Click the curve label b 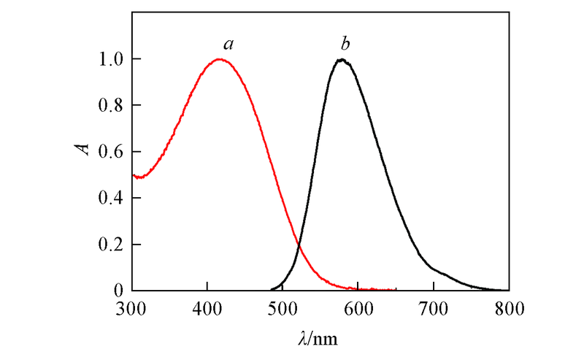click(345, 45)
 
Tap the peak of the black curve click(341, 60)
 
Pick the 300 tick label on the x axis click(132, 308)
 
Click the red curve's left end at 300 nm click(134, 175)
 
